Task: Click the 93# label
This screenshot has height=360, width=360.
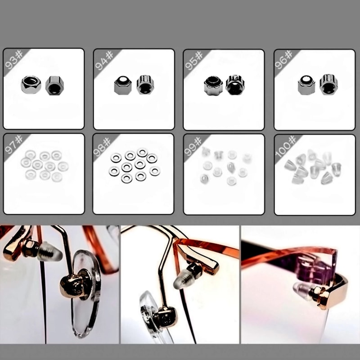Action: (x=14, y=60)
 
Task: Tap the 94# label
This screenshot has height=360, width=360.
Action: (x=104, y=60)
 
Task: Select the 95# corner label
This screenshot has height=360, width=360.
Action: (x=194, y=60)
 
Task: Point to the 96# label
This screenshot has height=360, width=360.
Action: (x=284, y=60)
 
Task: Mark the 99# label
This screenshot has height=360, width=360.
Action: (x=194, y=145)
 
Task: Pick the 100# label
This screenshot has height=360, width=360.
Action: (x=284, y=146)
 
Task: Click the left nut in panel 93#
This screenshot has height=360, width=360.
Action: (x=31, y=84)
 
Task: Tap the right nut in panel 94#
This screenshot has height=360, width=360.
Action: (x=144, y=84)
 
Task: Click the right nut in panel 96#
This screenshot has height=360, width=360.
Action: (x=328, y=84)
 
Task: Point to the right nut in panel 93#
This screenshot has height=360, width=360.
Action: (x=54, y=85)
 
